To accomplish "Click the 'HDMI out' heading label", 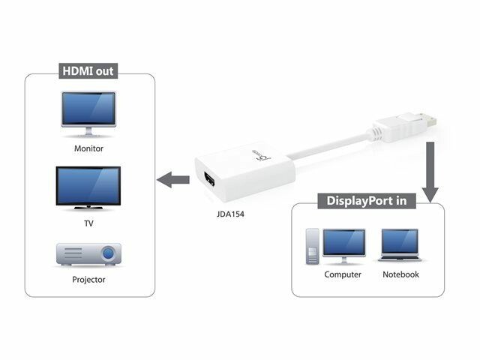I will coord(88,73).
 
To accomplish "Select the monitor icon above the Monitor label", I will coord(88,112).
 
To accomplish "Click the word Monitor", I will coord(88,148).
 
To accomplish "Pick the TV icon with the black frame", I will coord(88,187).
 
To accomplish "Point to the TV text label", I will coord(88,223).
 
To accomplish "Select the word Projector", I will coord(88,280).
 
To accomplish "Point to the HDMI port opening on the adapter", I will coord(207,180).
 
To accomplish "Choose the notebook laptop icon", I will coord(400,246).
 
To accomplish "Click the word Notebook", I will coord(400,274).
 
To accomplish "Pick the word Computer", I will coord(343,274).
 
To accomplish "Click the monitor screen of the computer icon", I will coord(343,243).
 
